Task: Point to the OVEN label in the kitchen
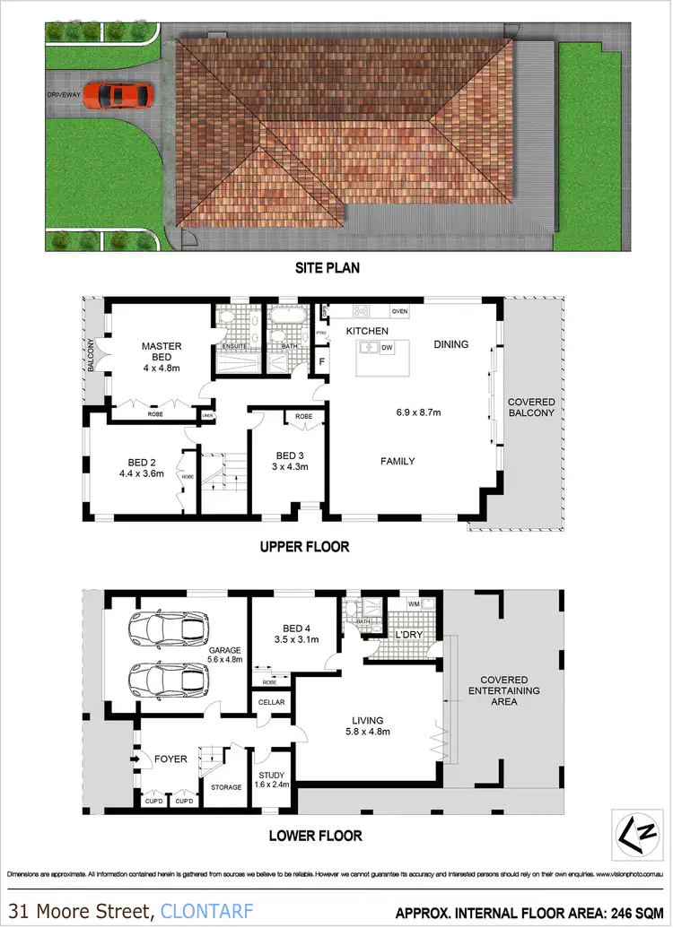click(399, 311)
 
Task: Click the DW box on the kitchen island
click(387, 347)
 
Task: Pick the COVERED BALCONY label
click(531, 407)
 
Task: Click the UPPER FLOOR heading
click(304, 546)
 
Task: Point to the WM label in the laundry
click(414, 603)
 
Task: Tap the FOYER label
click(170, 759)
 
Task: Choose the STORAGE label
click(226, 787)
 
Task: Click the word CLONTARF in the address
click(202, 911)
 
